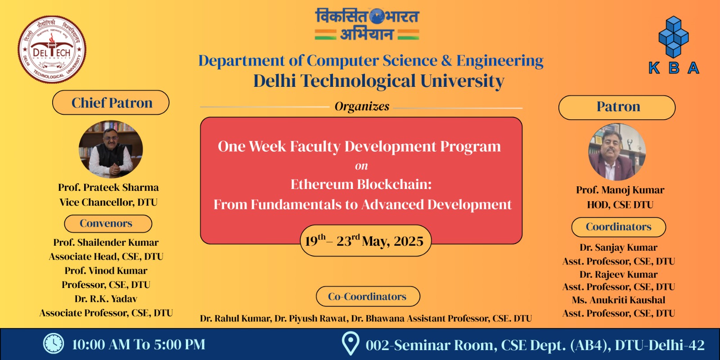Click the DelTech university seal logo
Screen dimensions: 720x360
point(52,49)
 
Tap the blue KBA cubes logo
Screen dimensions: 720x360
point(674,45)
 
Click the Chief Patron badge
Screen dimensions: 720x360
point(111,103)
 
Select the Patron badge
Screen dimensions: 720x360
point(617,108)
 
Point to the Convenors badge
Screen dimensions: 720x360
point(108,223)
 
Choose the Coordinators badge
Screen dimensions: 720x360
point(618,227)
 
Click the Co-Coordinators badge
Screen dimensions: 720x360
point(368,297)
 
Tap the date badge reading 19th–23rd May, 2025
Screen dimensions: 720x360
point(365,241)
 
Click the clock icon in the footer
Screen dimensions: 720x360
point(54,344)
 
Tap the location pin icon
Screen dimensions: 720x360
point(350,344)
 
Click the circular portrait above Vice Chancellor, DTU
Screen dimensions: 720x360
point(111,149)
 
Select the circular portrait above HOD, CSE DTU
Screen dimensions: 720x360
point(617,152)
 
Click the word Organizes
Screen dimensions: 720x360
point(362,106)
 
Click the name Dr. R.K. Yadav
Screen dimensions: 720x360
point(106,299)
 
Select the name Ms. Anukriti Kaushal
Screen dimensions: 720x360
point(618,300)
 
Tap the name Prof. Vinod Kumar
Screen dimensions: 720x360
point(106,270)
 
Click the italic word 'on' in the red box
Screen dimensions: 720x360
point(361,166)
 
